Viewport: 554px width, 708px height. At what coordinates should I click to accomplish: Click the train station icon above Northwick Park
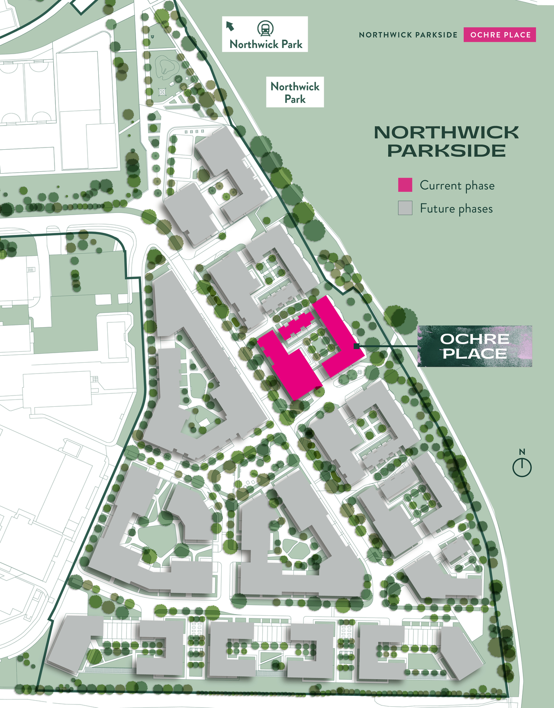[x=265, y=29]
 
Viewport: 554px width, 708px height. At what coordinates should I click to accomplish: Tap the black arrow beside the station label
[x=230, y=26]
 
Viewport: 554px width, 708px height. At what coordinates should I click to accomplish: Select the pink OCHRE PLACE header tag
[x=499, y=35]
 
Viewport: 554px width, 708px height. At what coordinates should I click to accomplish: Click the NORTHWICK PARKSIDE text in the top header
[x=408, y=35]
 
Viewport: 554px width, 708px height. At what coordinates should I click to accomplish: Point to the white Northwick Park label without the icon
[x=295, y=93]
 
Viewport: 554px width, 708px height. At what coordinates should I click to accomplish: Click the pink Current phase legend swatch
[x=405, y=185]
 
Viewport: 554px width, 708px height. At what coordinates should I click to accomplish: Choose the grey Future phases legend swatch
[x=405, y=208]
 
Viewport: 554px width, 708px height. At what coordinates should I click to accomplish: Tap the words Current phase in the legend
[x=457, y=186]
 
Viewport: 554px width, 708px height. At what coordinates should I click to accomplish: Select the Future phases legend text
[x=456, y=209]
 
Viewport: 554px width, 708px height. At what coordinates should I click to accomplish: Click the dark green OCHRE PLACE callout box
[x=474, y=346]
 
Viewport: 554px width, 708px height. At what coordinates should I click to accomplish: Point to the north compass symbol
[x=522, y=467]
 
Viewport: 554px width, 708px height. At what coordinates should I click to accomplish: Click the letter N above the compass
[x=522, y=452]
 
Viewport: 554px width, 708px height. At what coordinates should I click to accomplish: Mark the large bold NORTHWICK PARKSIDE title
[x=446, y=142]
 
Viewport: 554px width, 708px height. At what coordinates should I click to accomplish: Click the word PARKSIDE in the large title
[x=446, y=151]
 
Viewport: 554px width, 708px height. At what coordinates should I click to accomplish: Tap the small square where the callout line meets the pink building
[x=356, y=346]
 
